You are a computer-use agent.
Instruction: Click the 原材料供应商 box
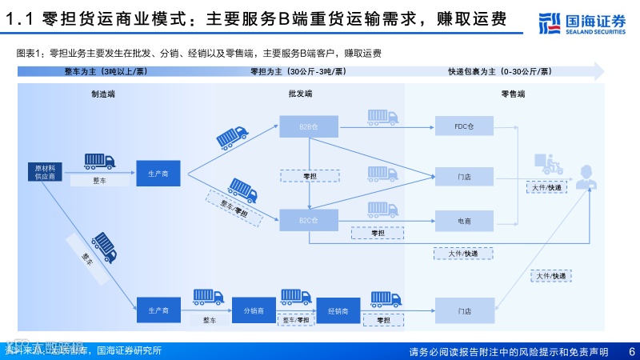coord(44,172)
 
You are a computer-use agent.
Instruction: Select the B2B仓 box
coord(309,126)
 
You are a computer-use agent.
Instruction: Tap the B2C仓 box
coord(309,219)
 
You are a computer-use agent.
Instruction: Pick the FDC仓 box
coord(465,126)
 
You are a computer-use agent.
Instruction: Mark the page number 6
coord(631,351)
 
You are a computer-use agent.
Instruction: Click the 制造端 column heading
coord(103,94)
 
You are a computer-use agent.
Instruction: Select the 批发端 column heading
coord(300,94)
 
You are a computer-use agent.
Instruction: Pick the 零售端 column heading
coord(512,94)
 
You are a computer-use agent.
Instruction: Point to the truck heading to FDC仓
coord(383,117)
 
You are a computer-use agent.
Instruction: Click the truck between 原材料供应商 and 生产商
coord(99,161)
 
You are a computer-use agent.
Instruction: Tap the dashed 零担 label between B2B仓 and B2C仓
coord(310,175)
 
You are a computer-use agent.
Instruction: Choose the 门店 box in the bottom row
coord(465,310)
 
